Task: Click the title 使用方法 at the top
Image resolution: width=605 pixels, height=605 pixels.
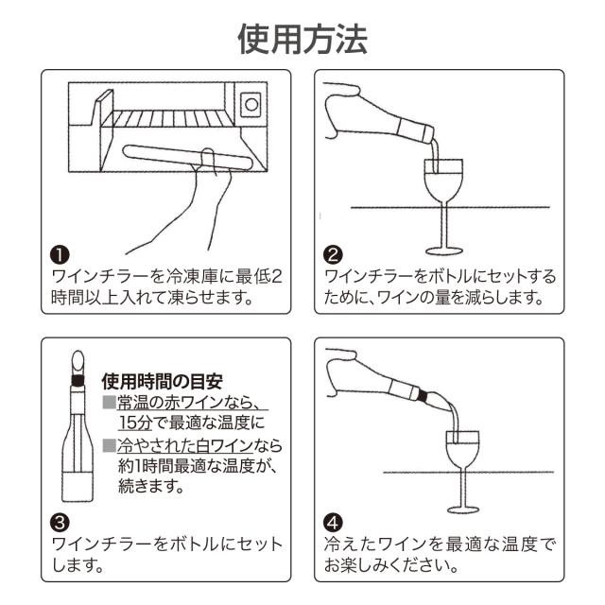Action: click(302, 39)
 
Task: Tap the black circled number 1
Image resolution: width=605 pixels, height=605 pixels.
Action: click(60, 254)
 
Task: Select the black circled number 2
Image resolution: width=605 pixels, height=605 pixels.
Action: click(333, 254)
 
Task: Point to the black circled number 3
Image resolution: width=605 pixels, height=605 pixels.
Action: click(60, 523)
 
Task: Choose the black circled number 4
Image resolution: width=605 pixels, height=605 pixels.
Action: click(333, 523)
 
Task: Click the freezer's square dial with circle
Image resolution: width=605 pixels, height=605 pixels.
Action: click(251, 104)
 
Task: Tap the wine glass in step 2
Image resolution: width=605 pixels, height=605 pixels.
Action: click(443, 207)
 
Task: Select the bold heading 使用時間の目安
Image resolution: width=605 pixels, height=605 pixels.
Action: click(162, 382)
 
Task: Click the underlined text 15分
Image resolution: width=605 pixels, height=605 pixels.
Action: click(135, 423)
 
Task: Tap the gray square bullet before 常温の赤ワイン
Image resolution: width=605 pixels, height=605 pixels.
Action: click(110, 403)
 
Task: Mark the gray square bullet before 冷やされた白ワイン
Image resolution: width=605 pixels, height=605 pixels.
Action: click(110, 445)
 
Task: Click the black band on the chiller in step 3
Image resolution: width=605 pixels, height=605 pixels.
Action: click(78, 380)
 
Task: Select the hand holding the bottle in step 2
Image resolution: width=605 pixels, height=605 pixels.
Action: click(343, 110)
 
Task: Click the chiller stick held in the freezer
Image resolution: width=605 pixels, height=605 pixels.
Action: click(188, 157)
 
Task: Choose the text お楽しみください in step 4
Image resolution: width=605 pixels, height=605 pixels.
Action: click(387, 565)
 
